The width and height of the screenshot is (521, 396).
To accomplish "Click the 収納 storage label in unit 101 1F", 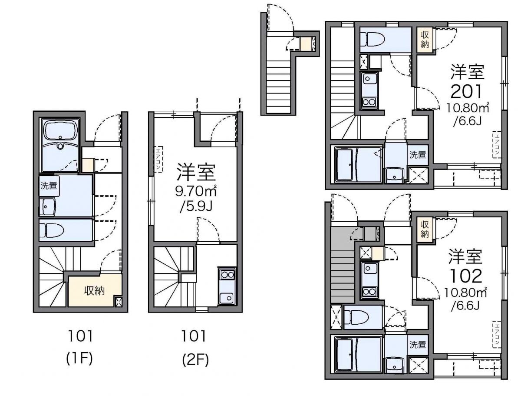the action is [x=95, y=291].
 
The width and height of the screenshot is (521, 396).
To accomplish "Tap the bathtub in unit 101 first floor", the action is [x=60, y=131].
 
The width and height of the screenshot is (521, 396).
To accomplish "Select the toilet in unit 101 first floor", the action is [x=52, y=230].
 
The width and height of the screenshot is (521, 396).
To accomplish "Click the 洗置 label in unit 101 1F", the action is [x=49, y=186].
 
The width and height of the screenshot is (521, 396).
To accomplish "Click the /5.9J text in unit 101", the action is [x=196, y=206].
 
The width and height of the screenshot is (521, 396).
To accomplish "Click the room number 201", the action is [x=466, y=92].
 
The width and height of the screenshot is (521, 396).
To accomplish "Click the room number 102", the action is [x=466, y=276].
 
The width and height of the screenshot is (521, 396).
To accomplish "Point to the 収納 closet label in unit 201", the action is [x=425, y=40].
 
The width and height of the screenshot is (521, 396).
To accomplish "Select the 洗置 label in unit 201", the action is [x=418, y=155].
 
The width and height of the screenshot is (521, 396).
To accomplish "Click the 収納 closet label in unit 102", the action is [x=425, y=229].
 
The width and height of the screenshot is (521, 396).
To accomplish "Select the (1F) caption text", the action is [x=79, y=359].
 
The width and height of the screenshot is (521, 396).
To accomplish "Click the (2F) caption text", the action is [x=195, y=359].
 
